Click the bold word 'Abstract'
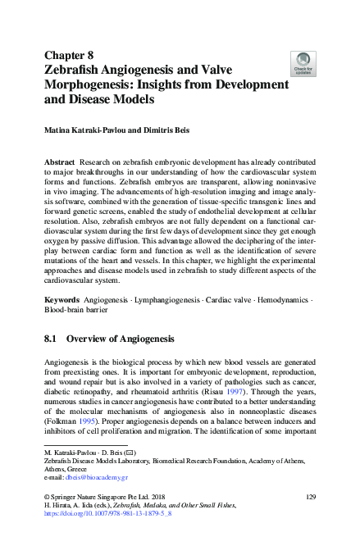pyautogui.click(x=60, y=165)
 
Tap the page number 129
pyautogui.click(x=310, y=498)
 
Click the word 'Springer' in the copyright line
pyautogui.click(x=70, y=498)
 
